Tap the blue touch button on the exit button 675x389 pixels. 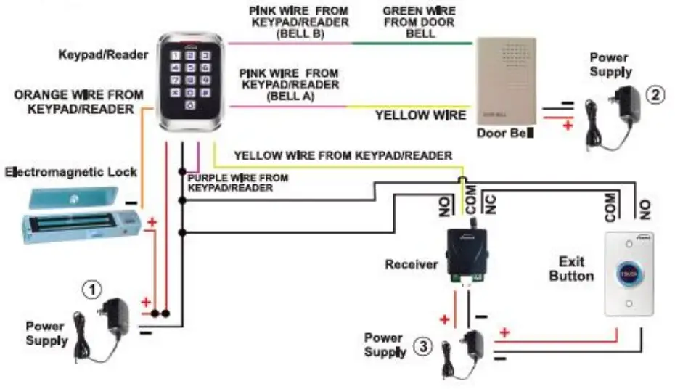tap(628, 274)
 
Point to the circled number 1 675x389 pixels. tap(91, 290)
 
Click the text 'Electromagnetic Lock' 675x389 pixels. tap(70, 172)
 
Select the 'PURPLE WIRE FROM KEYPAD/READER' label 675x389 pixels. tap(237, 183)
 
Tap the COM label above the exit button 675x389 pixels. tap(610, 206)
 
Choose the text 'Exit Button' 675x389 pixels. tap(571, 268)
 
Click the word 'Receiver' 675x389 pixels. tap(412, 264)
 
